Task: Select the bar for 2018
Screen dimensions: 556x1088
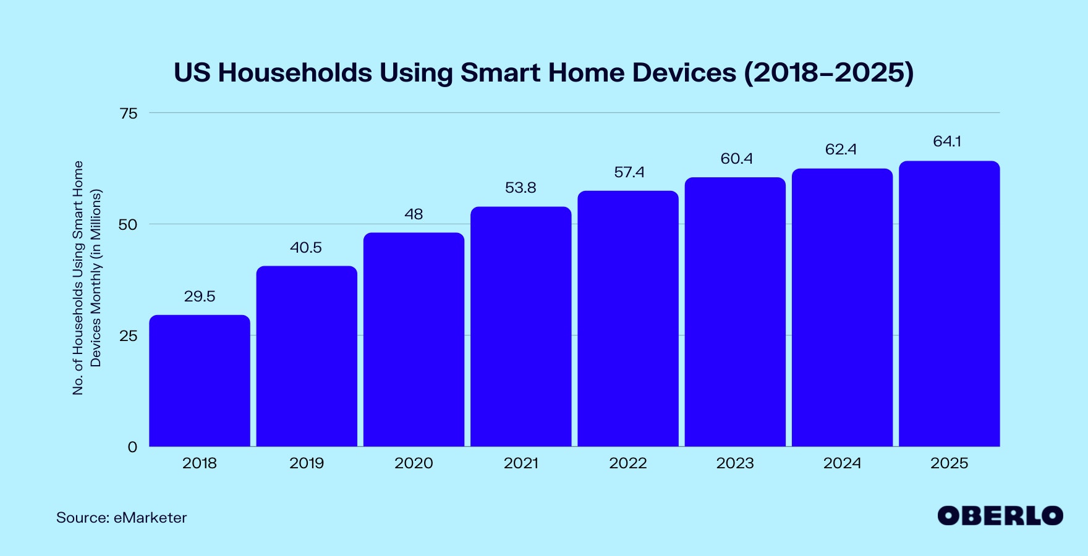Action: [200, 381]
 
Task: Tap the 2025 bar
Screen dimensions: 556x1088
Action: [949, 303]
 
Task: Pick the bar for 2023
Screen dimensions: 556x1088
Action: [735, 311]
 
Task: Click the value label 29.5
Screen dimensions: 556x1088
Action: [200, 297]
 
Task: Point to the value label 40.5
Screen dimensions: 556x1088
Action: [306, 248]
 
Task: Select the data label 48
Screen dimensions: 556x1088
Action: [414, 214]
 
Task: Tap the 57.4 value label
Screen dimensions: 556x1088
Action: [629, 172]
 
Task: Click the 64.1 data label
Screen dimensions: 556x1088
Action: [947, 141]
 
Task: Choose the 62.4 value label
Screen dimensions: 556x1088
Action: [841, 150]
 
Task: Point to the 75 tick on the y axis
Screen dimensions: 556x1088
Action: [129, 113]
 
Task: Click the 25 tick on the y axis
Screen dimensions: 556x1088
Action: [129, 336]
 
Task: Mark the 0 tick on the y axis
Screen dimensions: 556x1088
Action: [132, 447]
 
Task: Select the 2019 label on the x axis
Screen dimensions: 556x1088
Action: [306, 463]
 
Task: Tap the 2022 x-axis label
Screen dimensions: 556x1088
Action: [627, 463]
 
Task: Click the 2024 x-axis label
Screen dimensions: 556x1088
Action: [842, 463]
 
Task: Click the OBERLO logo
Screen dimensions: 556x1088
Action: [1000, 516]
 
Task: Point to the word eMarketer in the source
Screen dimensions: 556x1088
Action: [150, 518]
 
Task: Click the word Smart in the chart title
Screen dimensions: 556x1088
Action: [500, 73]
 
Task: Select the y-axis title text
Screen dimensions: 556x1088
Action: [87, 278]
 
